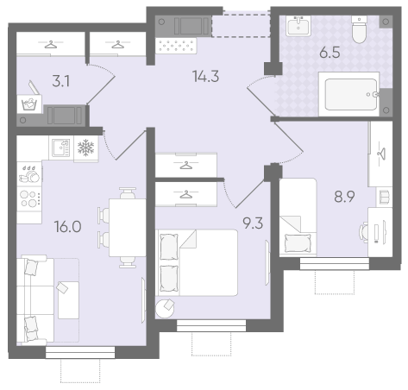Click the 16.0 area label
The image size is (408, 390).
tap(68, 227)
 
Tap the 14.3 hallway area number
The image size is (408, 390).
tap(206, 77)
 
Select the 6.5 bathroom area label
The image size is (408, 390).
tap(330, 53)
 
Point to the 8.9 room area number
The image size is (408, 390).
tap(344, 197)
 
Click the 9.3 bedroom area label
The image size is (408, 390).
tap(253, 223)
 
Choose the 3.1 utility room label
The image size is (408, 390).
tap(61, 81)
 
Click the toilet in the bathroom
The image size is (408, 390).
tap(359, 29)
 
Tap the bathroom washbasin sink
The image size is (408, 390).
tap(298, 26)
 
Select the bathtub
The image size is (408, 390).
tap(348, 94)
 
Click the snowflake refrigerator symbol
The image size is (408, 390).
tap(86, 148)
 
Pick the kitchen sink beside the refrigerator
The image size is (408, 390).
tap(61, 148)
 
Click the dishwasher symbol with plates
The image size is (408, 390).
tap(29, 174)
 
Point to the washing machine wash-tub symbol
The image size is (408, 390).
tap(29, 104)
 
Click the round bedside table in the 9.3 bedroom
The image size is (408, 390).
tap(165, 309)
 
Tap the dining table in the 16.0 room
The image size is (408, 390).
tap(128, 228)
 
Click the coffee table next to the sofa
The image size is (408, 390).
tap(68, 300)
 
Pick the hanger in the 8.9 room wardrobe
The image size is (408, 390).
tap(381, 154)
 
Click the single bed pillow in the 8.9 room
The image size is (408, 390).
tap(298, 243)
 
